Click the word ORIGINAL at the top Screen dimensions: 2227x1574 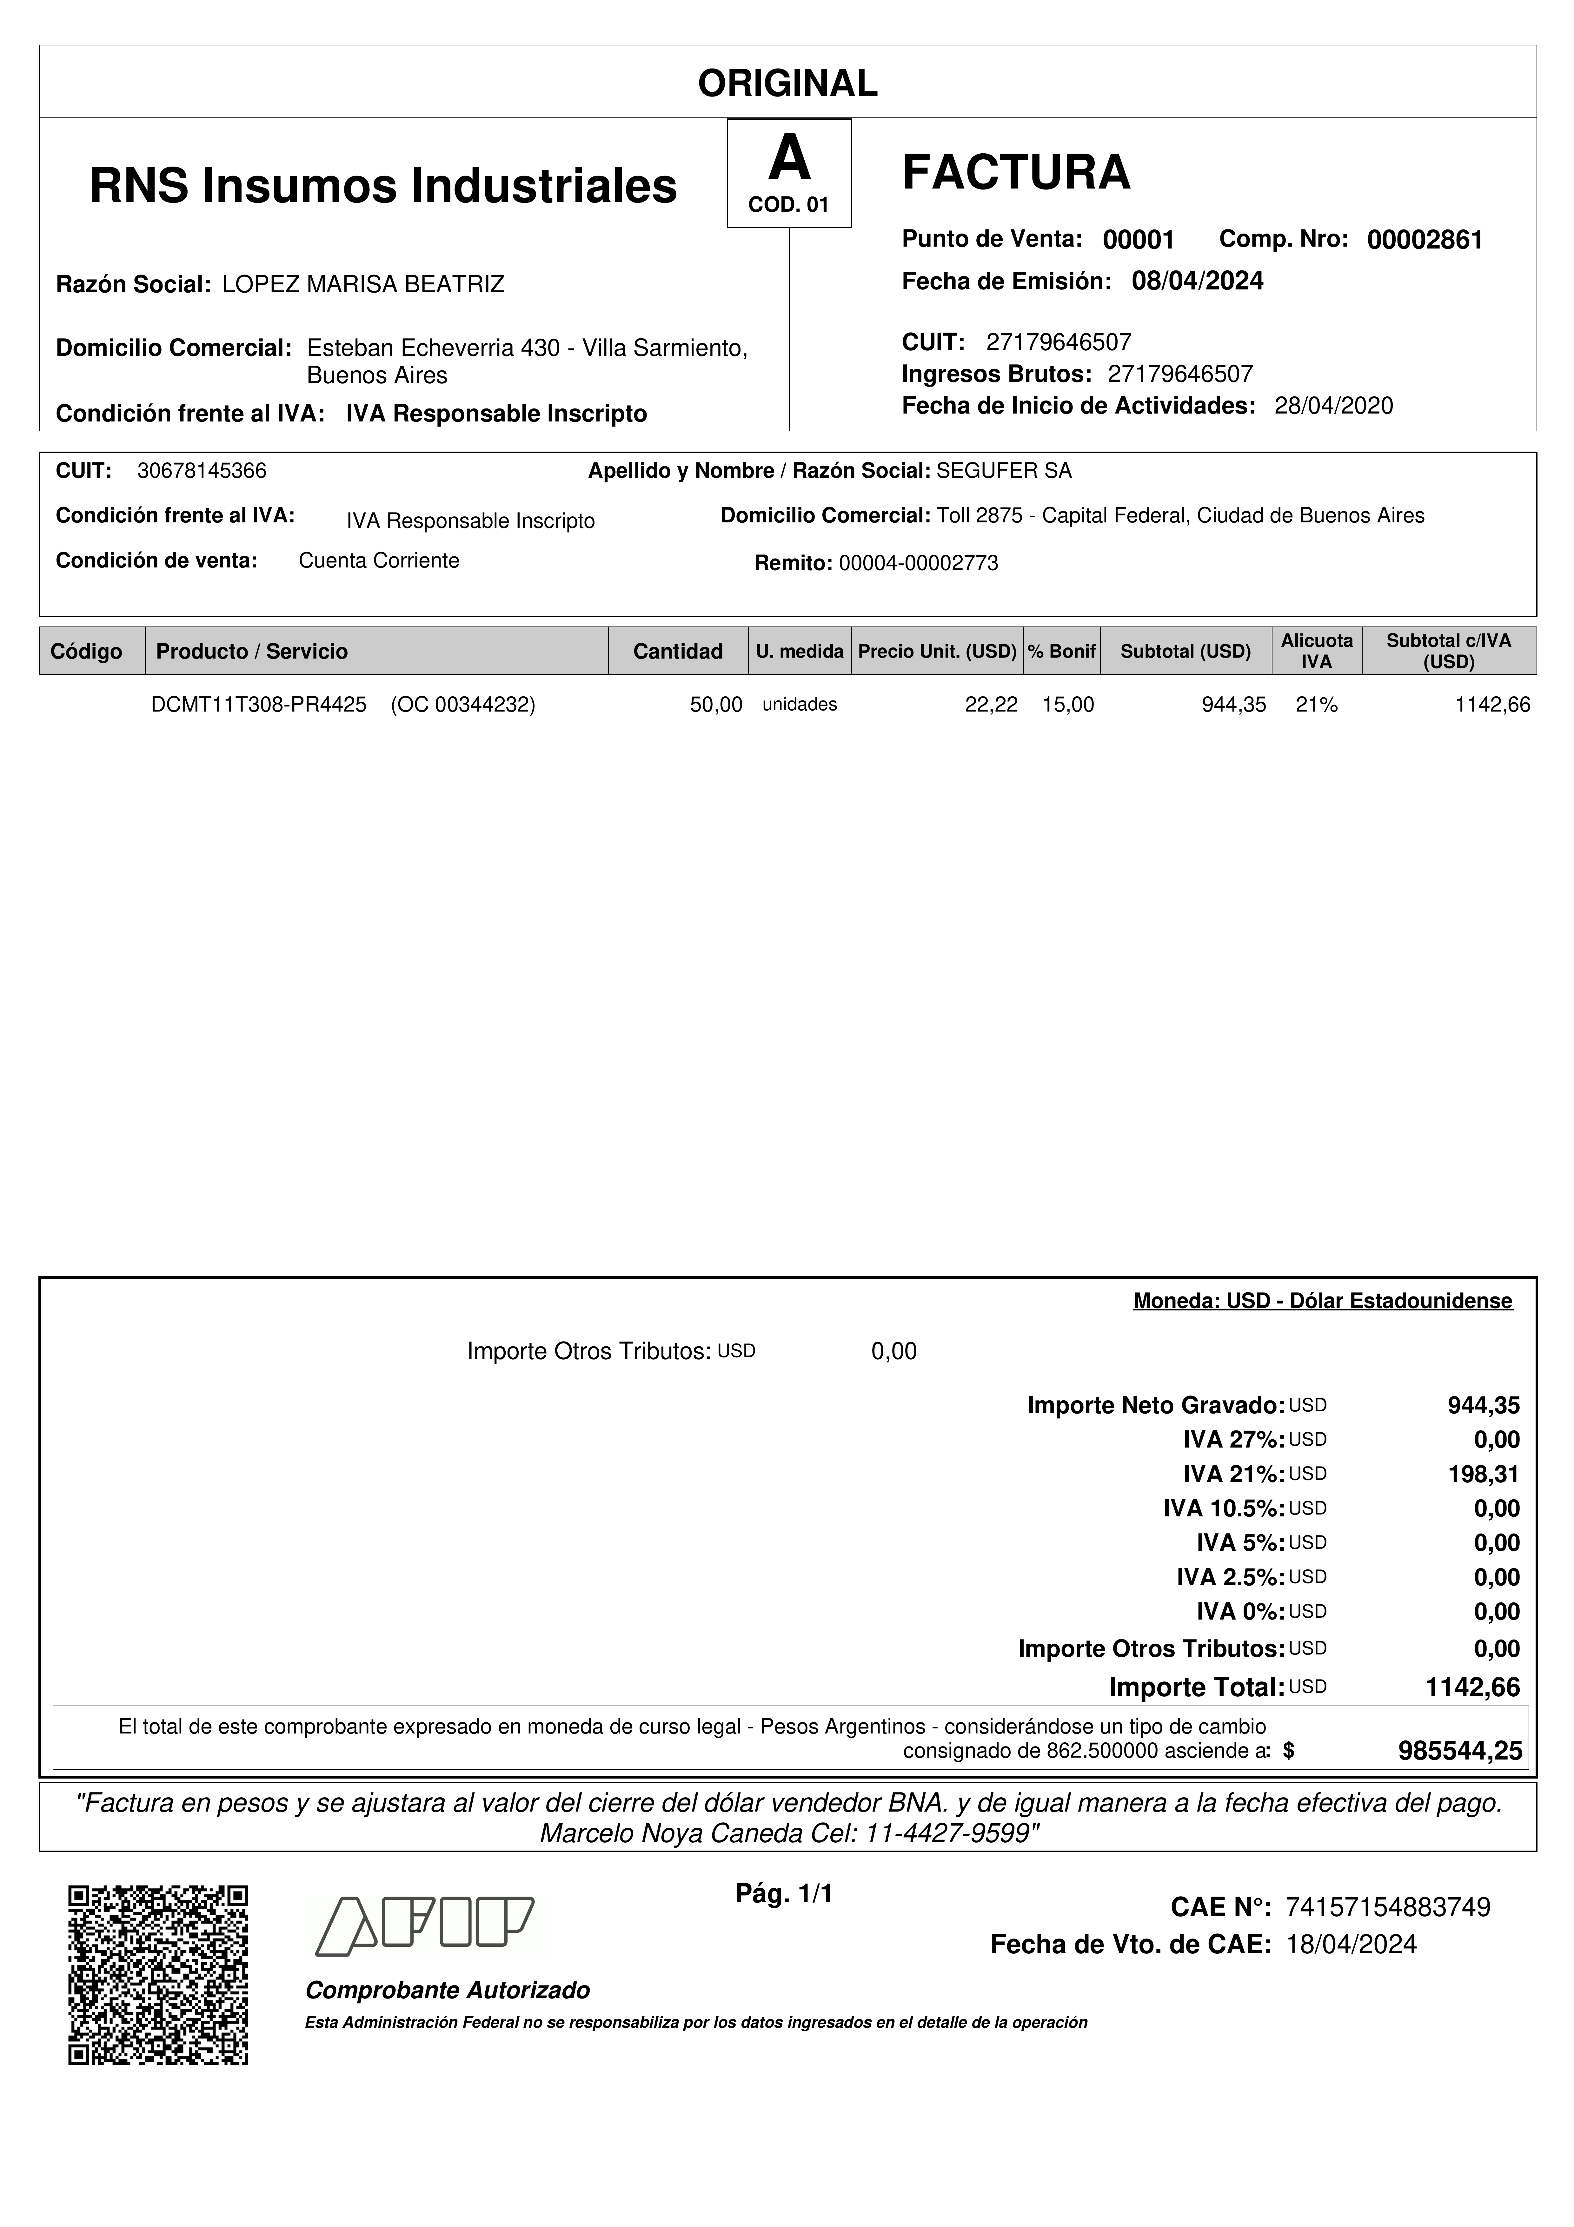[787, 83]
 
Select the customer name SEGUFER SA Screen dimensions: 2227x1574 [1004, 471]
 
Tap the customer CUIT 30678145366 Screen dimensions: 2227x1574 [202, 471]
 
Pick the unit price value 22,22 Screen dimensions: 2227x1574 [990, 705]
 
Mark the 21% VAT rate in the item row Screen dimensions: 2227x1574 [1316, 705]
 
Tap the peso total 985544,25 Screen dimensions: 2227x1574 [1459, 1751]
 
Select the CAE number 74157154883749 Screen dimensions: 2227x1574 [1387, 1907]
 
